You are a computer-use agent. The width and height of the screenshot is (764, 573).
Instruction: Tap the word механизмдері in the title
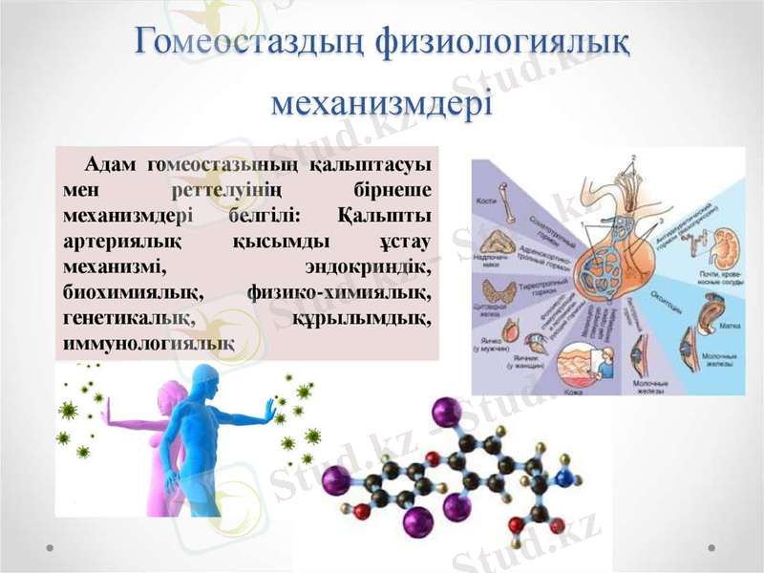click(382, 100)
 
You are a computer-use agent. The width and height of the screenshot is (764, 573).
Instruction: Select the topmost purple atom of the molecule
click(441, 413)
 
